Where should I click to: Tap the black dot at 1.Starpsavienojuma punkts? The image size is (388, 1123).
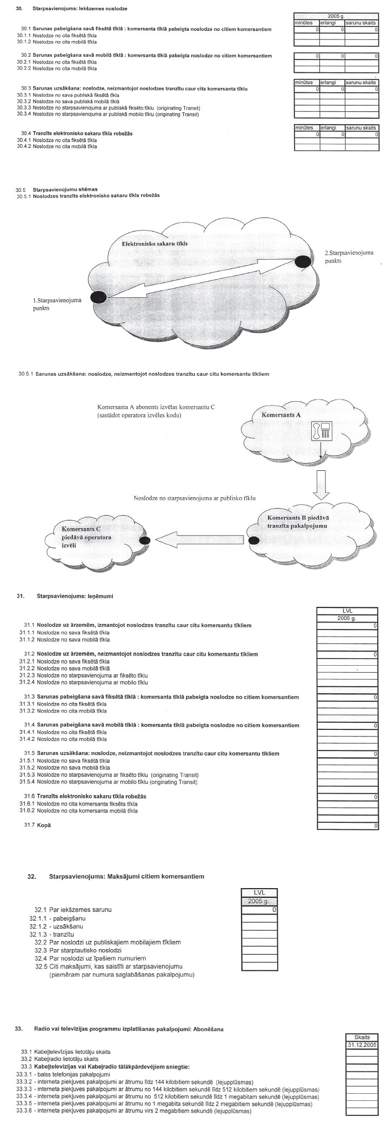click(98, 296)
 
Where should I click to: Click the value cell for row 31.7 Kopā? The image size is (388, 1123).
click(346, 826)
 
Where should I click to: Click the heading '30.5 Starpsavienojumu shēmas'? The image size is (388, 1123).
click(65, 190)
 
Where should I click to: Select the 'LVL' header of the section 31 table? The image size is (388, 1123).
click(346, 611)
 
